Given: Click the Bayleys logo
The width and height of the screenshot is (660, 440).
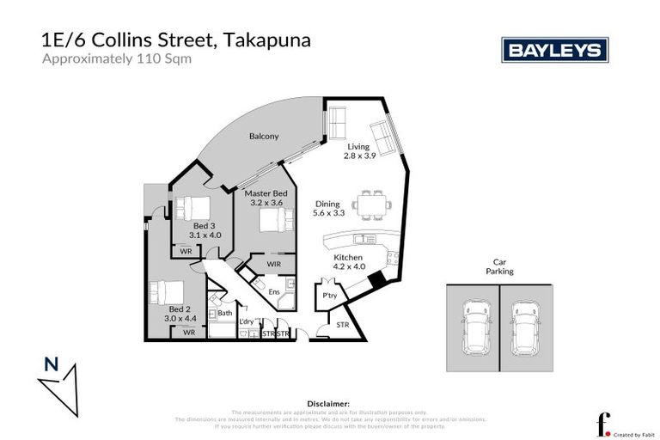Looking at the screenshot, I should pyautogui.click(x=554, y=50).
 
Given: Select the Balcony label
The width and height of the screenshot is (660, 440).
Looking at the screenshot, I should pyautogui.click(x=264, y=136).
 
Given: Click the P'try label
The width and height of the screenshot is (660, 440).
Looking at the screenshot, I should pyautogui.click(x=328, y=296).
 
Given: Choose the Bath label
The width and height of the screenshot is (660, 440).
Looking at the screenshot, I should pyautogui.click(x=224, y=313).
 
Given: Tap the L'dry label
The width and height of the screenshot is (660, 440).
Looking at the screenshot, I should pyautogui.click(x=247, y=321).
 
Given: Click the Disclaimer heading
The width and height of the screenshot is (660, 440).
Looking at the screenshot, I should pyautogui.click(x=328, y=402).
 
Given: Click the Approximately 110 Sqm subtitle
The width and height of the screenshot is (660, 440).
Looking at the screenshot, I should pyautogui.click(x=117, y=59).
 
